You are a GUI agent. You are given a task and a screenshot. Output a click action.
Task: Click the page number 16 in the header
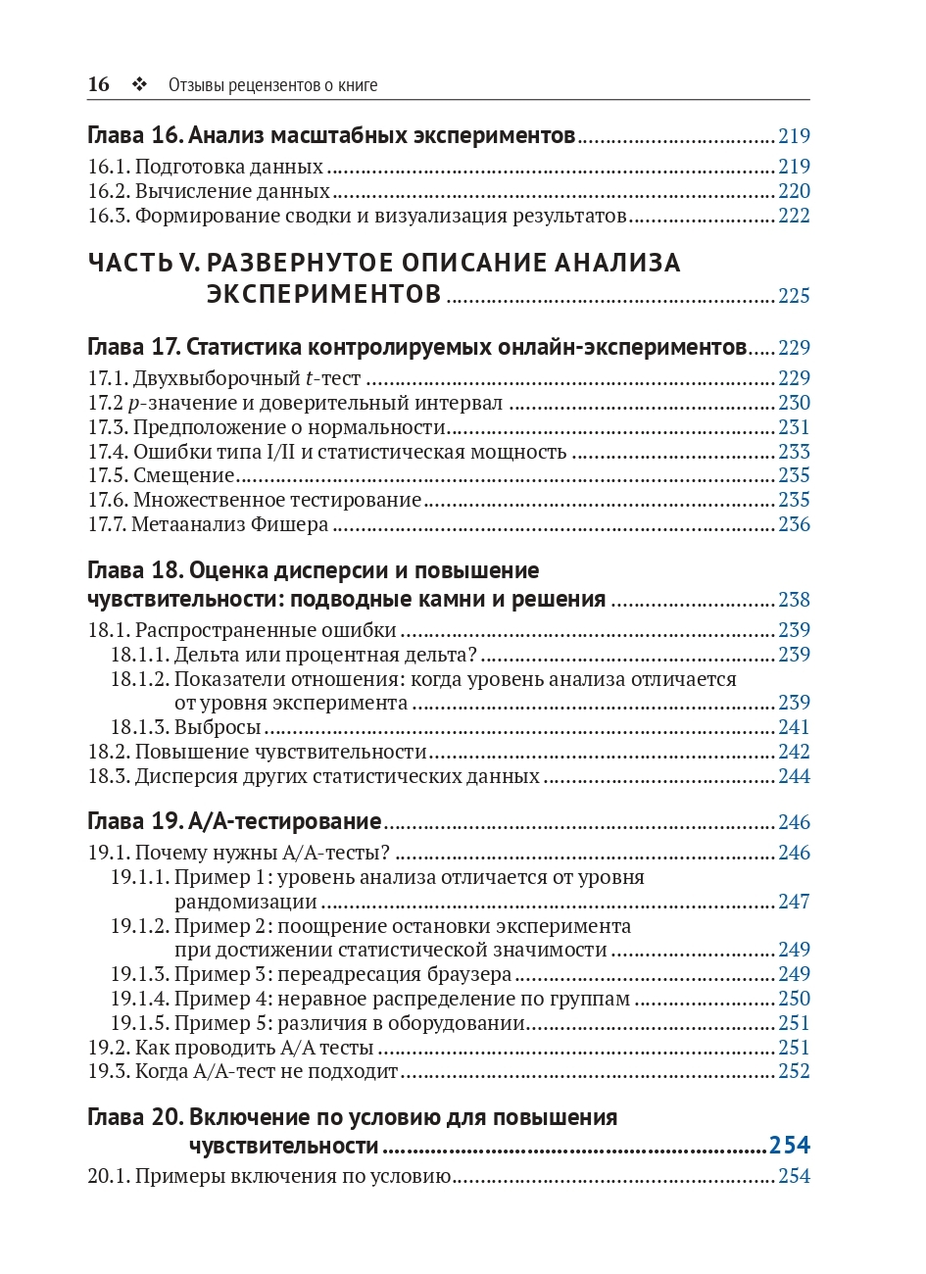coord(98,84)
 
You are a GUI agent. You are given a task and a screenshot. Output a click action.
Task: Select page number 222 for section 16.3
coord(794,216)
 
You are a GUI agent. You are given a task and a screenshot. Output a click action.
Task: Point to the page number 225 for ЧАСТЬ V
coord(794,296)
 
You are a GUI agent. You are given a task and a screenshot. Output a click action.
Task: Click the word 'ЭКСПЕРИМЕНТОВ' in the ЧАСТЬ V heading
coord(323,294)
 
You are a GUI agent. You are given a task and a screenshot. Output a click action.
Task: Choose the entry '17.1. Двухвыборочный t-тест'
coord(224,378)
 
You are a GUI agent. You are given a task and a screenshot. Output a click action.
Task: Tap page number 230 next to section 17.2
coord(794,403)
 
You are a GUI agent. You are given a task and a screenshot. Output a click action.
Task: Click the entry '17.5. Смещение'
coord(162,476)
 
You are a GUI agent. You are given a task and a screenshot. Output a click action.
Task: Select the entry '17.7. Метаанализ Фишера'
coord(208,525)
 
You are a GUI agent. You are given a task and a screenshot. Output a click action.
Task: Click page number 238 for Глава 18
coord(794,600)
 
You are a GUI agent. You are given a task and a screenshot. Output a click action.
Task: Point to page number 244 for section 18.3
coord(794,776)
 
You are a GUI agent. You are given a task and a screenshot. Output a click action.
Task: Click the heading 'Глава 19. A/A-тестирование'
coord(234,821)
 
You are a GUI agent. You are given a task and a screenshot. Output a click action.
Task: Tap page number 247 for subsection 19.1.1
coord(794,902)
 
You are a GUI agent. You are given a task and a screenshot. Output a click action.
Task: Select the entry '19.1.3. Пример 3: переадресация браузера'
coord(311,974)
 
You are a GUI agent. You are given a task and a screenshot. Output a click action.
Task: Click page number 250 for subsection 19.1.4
coord(794,999)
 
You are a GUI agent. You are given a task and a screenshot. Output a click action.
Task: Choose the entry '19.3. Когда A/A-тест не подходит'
coord(243,1071)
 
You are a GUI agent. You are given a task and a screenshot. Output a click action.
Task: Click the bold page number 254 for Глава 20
coord(790,1146)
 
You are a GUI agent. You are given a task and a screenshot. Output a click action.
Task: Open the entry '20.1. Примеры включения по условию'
coord(268,1176)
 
